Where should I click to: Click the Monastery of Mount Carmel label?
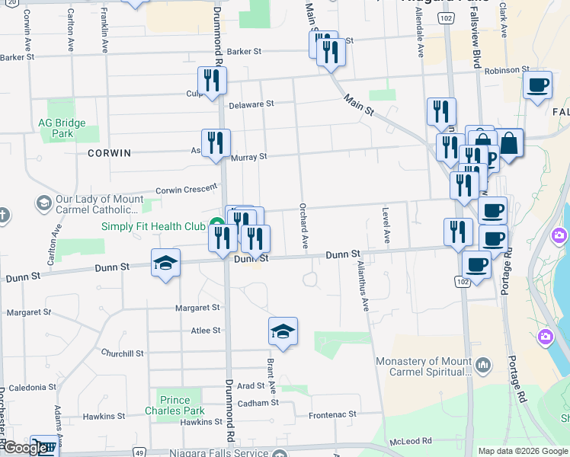click(424, 366)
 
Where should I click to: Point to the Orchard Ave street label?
click(303, 225)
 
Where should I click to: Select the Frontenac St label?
click(332, 415)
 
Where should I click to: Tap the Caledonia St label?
click(27, 387)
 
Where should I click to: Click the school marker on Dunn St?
click(165, 263)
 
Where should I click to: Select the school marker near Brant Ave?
click(283, 331)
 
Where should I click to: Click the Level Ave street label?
click(386, 225)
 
